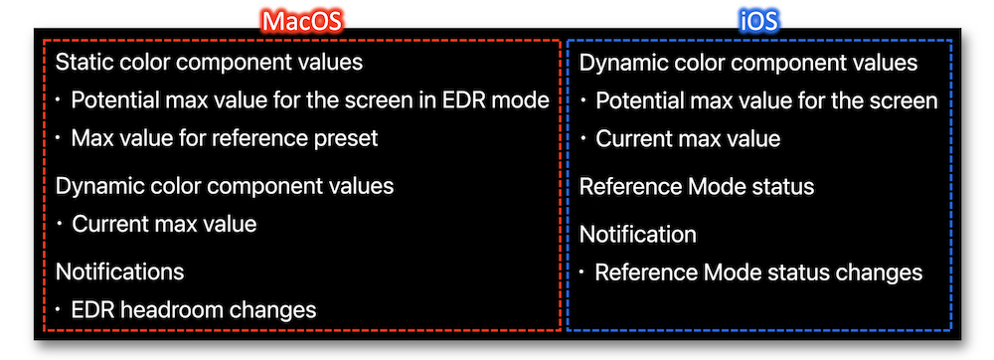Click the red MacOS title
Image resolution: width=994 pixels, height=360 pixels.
pyautogui.click(x=302, y=22)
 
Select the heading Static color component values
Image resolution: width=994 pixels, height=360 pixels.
pyautogui.click(x=209, y=63)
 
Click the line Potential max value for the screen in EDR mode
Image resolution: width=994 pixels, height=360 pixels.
pyautogui.click(x=310, y=100)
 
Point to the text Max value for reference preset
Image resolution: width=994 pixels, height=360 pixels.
pyautogui.click(x=225, y=137)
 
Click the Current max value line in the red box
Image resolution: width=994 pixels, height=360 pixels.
pyautogui.click(x=164, y=224)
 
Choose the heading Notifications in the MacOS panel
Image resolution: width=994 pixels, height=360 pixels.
pyautogui.click(x=120, y=271)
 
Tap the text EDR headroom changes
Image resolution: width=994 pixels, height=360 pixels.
pyautogui.click(x=194, y=310)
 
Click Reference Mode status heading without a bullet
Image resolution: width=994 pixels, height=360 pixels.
pyautogui.click(x=697, y=187)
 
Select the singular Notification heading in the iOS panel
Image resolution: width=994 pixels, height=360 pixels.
pyautogui.click(x=638, y=235)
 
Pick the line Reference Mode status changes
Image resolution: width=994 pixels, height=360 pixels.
pyautogui.click(x=758, y=272)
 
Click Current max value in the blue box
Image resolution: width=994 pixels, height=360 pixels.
pyautogui.click(x=688, y=138)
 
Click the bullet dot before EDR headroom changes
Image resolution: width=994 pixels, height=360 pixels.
pyautogui.click(x=58, y=310)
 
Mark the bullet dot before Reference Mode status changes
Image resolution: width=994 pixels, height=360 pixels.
pyautogui.click(x=581, y=272)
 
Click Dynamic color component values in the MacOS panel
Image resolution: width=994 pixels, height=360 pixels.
pyautogui.click(x=225, y=186)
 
